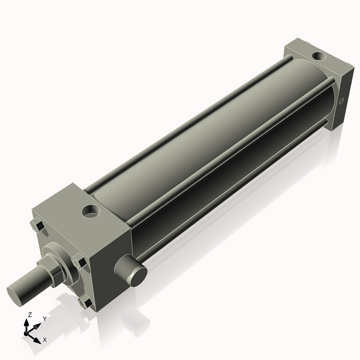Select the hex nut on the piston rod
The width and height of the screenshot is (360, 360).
[x=56, y=272]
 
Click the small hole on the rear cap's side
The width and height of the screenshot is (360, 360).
[x=341, y=101]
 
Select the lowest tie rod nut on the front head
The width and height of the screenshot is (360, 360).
[x=85, y=302]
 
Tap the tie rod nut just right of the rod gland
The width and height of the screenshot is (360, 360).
[x=79, y=260]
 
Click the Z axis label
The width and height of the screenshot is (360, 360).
[x=30, y=315]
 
